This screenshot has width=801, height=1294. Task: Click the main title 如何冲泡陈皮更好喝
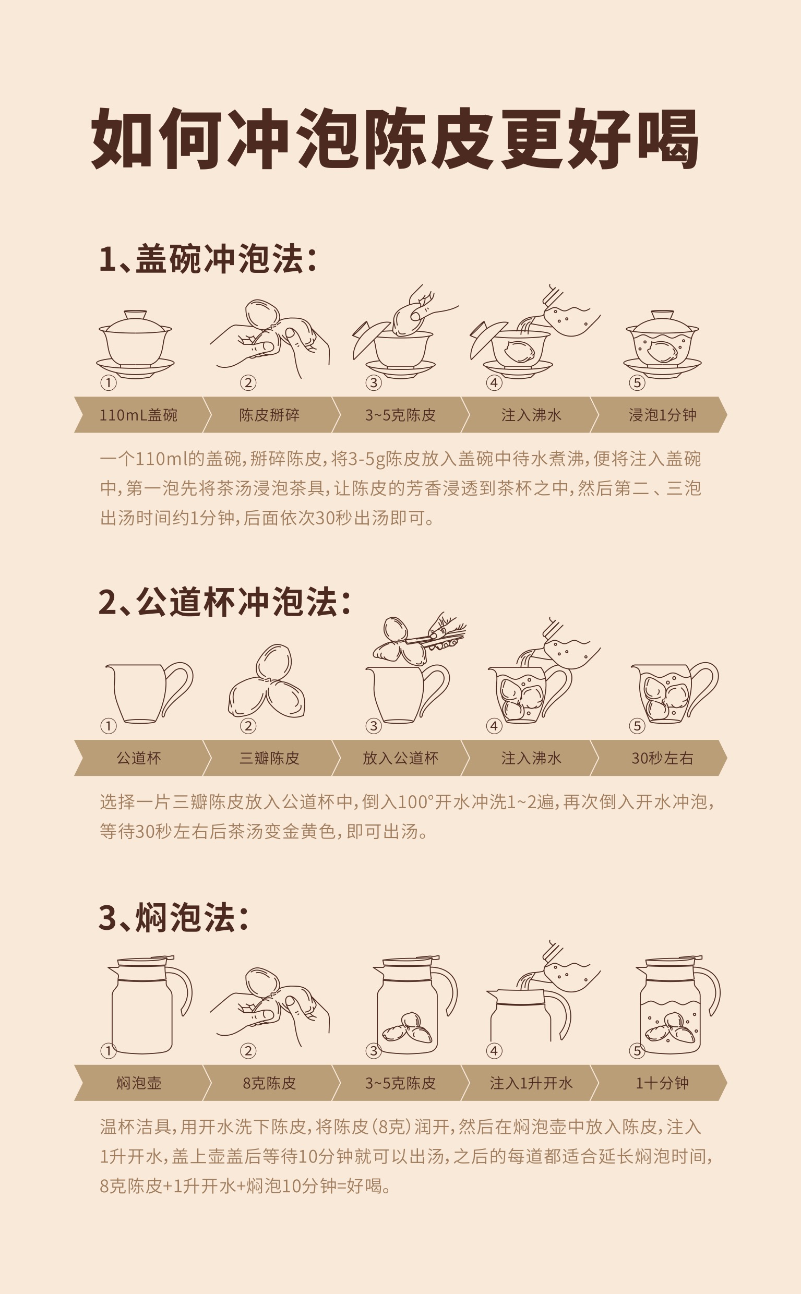pyautogui.click(x=394, y=139)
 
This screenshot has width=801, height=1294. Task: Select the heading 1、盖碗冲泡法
pyautogui.click(x=208, y=259)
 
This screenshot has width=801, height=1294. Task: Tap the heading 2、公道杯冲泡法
pyautogui.click(x=224, y=602)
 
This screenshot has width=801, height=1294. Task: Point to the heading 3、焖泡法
pyautogui.click(x=173, y=918)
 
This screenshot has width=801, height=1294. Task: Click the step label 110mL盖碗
pyautogui.click(x=138, y=415)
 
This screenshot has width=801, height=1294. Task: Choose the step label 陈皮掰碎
pyautogui.click(x=269, y=415)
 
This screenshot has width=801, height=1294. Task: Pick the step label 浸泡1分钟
pyautogui.click(x=662, y=415)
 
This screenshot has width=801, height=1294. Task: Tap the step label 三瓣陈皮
pyautogui.click(x=269, y=758)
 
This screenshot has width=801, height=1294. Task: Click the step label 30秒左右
pyautogui.click(x=662, y=758)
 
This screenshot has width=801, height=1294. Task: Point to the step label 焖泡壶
pyautogui.click(x=138, y=1083)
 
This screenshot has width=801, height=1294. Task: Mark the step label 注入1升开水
pyautogui.click(x=531, y=1083)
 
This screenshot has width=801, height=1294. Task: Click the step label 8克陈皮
pyautogui.click(x=269, y=1083)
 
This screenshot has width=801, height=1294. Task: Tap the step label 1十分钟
pyautogui.click(x=662, y=1083)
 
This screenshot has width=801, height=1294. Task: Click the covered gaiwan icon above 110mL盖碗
pyautogui.click(x=135, y=343)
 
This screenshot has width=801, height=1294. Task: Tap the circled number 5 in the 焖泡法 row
pyautogui.click(x=637, y=1051)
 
